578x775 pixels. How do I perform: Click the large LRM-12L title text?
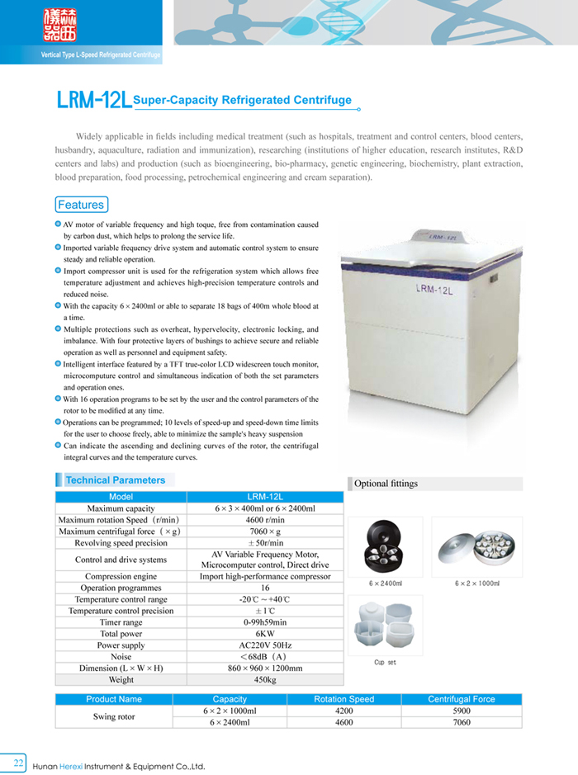(x=93, y=101)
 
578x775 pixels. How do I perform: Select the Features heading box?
(x=81, y=205)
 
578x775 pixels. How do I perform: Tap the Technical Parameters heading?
(x=116, y=480)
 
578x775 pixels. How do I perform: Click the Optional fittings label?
(x=386, y=484)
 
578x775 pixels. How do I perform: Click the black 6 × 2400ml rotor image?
(x=385, y=547)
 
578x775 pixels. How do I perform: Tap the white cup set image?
(x=385, y=626)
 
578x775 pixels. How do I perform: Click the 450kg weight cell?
(x=265, y=680)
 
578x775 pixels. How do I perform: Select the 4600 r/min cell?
(x=265, y=520)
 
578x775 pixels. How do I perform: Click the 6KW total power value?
(x=265, y=634)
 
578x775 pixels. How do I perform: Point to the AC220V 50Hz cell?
(x=265, y=645)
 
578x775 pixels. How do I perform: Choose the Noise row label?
(x=121, y=657)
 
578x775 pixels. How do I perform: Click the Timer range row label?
(x=121, y=622)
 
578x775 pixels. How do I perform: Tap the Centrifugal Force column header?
(x=461, y=699)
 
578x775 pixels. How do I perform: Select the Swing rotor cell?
(x=114, y=716)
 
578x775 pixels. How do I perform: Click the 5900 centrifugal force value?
(x=461, y=711)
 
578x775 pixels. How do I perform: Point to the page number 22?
(x=18, y=760)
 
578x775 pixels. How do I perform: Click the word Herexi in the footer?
(x=83, y=767)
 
